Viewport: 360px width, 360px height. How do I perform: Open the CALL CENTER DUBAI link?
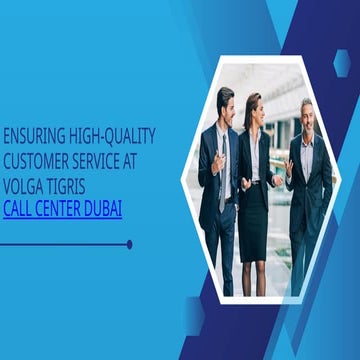tap(63, 211)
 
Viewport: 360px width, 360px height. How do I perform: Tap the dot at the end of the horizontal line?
tap(129, 243)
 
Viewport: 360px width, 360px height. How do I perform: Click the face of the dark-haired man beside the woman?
tap(226, 103)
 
